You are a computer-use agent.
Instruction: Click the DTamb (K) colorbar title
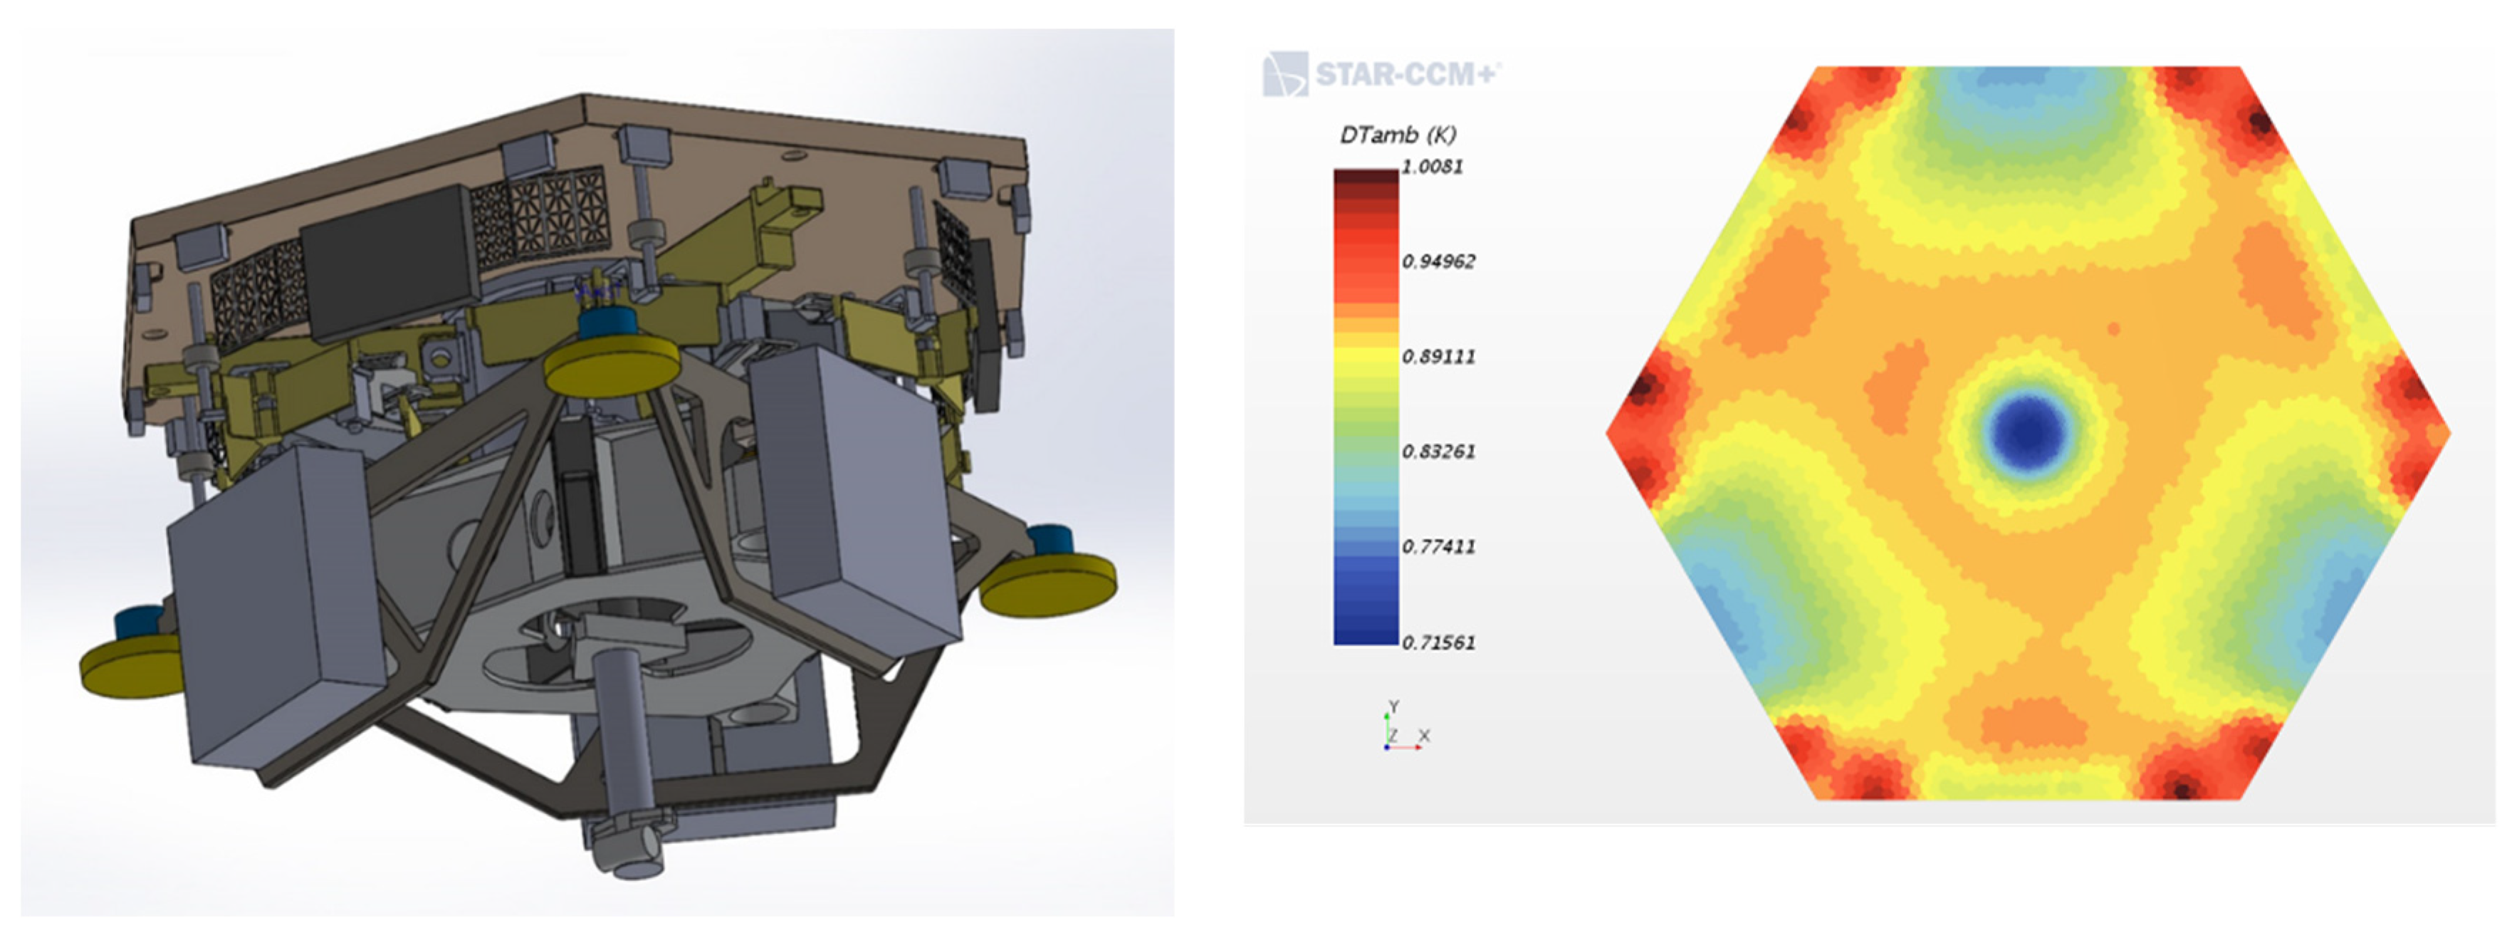pyautogui.click(x=1398, y=135)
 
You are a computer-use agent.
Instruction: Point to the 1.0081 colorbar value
pyautogui.click(x=1433, y=167)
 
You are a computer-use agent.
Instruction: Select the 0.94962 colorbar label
pyautogui.click(x=1438, y=261)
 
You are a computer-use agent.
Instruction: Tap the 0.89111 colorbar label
pyautogui.click(x=1438, y=357)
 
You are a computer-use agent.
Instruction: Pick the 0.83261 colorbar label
pyautogui.click(x=1438, y=452)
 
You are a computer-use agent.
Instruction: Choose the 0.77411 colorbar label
pyautogui.click(x=1438, y=546)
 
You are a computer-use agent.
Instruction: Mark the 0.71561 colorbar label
pyautogui.click(x=1438, y=642)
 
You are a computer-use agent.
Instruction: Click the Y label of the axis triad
pyautogui.click(x=1393, y=706)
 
